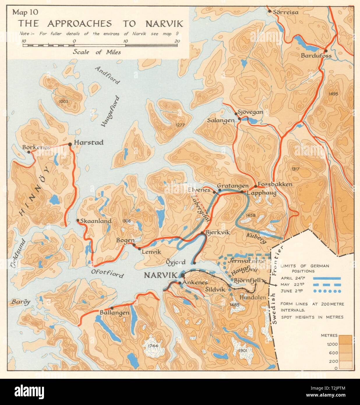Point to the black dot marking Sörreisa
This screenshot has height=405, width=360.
[x=270, y=11]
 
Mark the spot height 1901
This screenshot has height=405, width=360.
[x=242, y=351]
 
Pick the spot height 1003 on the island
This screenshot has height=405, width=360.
[x=63, y=101]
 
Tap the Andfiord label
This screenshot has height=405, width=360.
[x=107, y=75]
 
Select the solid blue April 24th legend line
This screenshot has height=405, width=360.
[x=327, y=278]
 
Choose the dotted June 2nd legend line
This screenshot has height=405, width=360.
[x=327, y=291]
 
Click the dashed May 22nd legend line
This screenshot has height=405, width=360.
[x=327, y=285]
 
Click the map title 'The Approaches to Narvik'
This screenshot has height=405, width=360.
[x=100, y=23]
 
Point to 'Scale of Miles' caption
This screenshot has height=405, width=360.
[x=97, y=52]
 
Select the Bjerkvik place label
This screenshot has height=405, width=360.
[x=218, y=232]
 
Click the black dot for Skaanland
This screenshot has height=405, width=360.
[x=78, y=221]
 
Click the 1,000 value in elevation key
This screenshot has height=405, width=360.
[x=332, y=344]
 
